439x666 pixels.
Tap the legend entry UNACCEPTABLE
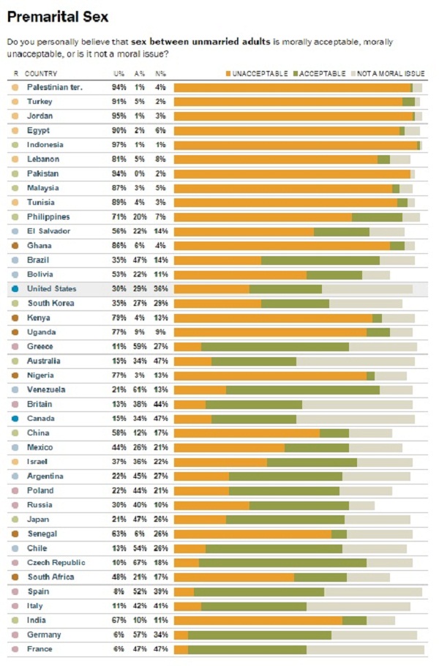257,74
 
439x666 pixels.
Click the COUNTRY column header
41,74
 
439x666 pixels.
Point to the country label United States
51,289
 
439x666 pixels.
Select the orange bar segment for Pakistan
292,174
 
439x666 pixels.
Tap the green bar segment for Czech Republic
282,563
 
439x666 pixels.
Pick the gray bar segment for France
365,649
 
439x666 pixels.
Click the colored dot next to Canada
15,419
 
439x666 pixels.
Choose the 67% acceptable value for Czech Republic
140,563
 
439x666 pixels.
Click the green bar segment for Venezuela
303,390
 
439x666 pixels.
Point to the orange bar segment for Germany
181,635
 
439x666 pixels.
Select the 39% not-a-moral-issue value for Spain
160,591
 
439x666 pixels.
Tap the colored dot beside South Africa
15,577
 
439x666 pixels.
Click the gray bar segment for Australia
356,361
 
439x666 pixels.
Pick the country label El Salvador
49,231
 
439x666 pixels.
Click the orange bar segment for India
258,621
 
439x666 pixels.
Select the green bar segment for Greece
275,347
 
